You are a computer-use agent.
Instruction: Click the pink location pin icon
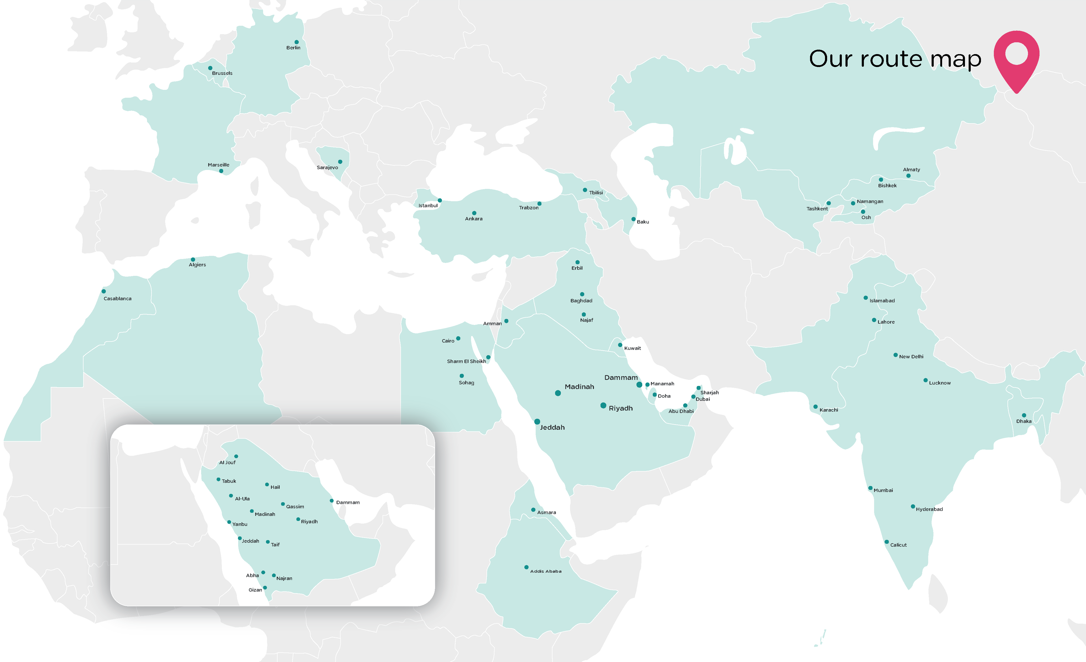(x=1016, y=60)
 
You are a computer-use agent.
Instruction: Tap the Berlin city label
(x=293, y=48)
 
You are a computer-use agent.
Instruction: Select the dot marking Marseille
(x=221, y=171)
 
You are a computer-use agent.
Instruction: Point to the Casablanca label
(x=117, y=299)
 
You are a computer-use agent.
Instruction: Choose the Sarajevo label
(x=327, y=168)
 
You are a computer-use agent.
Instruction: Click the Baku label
(x=643, y=222)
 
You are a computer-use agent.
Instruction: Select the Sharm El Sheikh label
(x=466, y=361)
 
